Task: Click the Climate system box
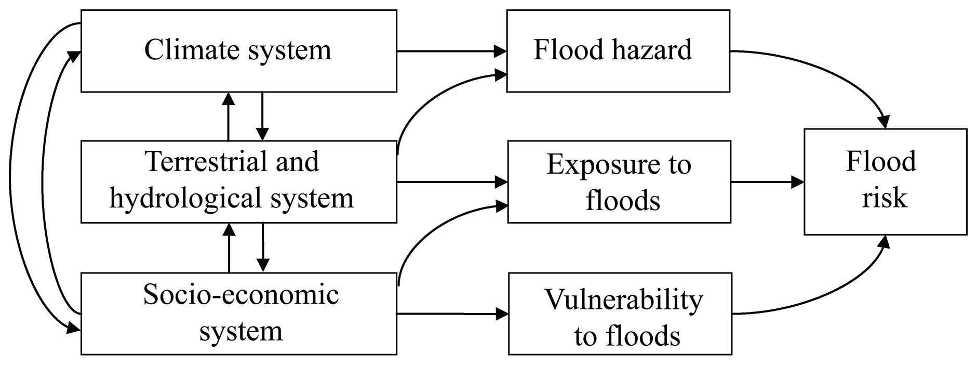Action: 238,51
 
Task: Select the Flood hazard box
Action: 618,51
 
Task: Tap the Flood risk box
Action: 885,181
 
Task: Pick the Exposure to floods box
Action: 619,181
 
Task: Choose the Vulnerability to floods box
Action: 620,314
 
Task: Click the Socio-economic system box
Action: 238,314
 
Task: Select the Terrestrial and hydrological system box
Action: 238,181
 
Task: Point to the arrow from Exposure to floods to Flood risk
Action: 767,181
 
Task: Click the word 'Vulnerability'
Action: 623,300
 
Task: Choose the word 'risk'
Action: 885,198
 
